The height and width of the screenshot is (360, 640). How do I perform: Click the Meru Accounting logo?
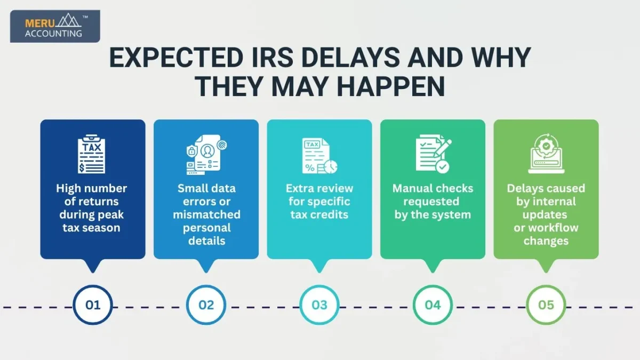(x=54, y=27)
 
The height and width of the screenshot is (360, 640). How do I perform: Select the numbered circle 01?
(x=93, y=305)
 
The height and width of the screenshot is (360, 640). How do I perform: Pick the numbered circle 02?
(x=206, y=305)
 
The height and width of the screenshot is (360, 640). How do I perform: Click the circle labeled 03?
(x=319, y=305)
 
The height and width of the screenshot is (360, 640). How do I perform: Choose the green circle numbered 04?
(x=433, y=305)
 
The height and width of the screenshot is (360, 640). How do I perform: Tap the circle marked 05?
(x=546, y=305)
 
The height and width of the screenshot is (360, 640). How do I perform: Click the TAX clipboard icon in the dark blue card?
(x=92, y=155)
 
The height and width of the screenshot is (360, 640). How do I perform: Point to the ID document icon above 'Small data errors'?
(x=205, y=156)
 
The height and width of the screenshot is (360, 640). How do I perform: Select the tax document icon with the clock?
(x=319, y=156)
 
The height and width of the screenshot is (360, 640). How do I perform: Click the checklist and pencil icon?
(x=433, y=155)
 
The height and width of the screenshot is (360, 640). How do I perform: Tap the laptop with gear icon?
(x=546, y=155)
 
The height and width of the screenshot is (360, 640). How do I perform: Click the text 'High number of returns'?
(x=92, y=195)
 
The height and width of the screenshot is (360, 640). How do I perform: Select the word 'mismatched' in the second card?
(x=206, y=214)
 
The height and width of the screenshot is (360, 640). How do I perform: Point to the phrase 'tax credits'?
(x=319, y=214)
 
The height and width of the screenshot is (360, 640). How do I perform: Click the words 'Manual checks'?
(x=433, y=188)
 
